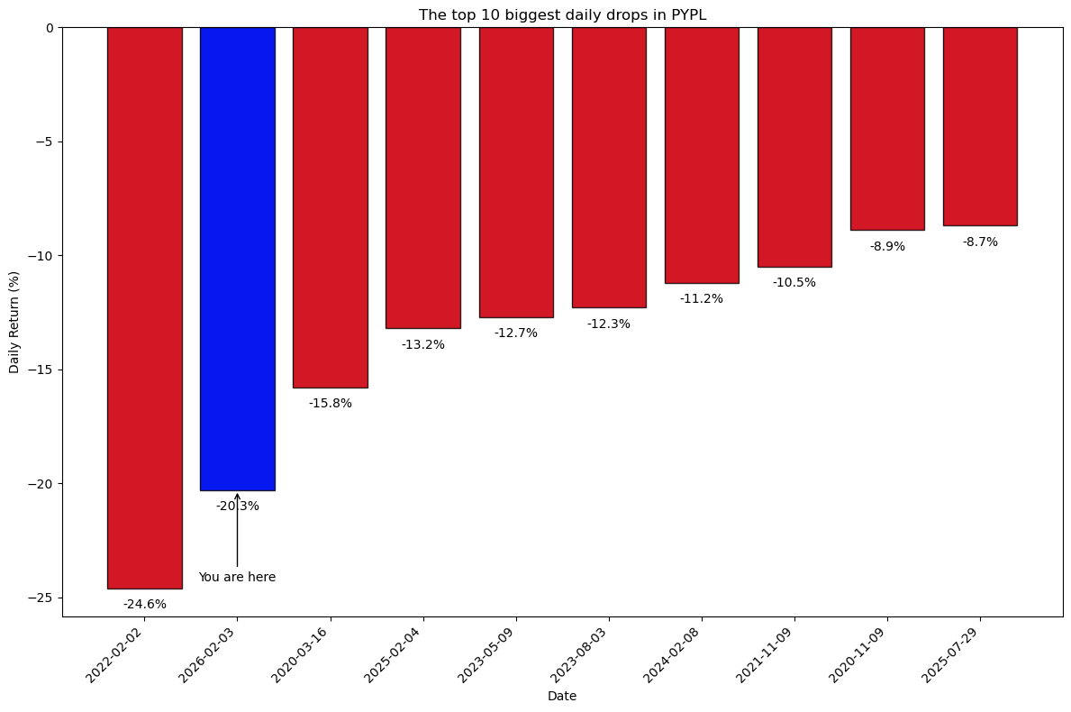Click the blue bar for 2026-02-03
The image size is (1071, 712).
point(237,259)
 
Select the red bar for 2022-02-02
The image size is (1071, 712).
point(144,307)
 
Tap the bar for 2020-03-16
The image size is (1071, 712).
point(330,207)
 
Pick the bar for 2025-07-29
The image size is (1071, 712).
point(980,126)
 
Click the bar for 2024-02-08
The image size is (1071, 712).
point(702,155)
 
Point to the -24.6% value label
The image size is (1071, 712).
point(144,605)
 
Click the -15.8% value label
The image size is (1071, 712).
point(330,404)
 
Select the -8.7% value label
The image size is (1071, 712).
point(980,242)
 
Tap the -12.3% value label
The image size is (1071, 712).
point(608,324)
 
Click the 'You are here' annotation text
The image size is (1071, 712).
point(237,578)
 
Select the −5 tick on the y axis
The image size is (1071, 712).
point(45,141)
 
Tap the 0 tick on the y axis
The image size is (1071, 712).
point(51,28)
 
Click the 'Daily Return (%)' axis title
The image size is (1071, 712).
point(14,322)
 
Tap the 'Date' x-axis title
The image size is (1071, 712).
point(562,697)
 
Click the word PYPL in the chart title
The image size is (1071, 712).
point(688,15)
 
